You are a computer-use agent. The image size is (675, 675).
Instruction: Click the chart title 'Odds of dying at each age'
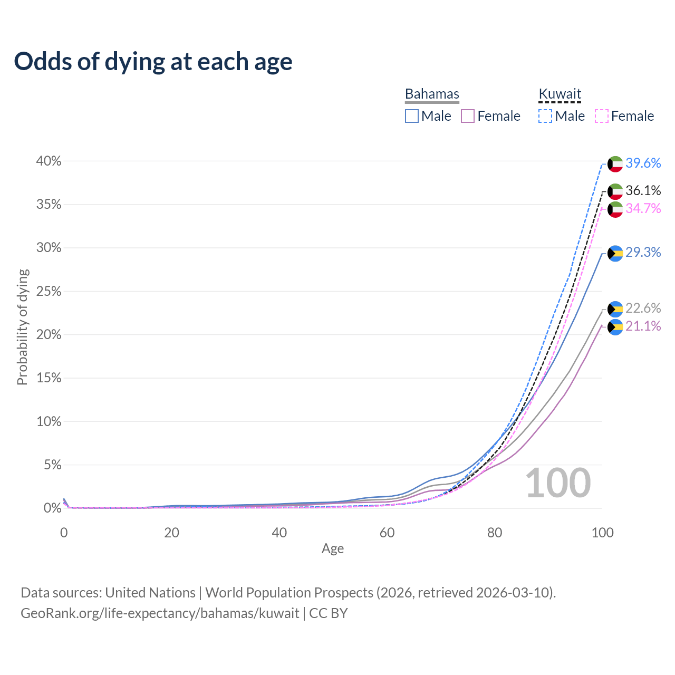(x=153, y=62)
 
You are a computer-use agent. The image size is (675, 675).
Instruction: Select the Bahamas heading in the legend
(x=432, y=94)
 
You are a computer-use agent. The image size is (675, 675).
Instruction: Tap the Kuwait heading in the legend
(x=560, y=93)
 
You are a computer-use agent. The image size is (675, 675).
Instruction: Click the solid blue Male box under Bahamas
(x=411, y=116)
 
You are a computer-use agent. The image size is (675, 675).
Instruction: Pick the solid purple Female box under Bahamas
(x=468, y=116)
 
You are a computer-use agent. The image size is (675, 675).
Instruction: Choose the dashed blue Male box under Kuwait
(x=545, y=116)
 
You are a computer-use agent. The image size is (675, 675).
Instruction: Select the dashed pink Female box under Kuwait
(x=602, y=116)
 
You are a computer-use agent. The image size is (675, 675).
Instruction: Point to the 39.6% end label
(x=643, y=163)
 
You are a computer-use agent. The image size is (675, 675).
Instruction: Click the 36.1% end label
(x=643, y=190)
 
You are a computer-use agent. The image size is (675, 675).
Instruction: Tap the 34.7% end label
(x=643, y=208)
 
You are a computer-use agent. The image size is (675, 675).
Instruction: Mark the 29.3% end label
(x=643, y=252)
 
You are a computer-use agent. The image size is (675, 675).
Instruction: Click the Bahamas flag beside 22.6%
(x=615, y=310)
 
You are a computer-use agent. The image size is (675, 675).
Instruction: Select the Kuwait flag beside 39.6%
(x=615, y=164)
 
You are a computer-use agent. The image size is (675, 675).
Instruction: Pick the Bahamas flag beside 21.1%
(x=615, y=327)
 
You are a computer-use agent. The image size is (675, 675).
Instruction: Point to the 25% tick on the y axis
(x=49, y=292)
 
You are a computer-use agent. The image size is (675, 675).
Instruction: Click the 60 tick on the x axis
(x=387, y=533)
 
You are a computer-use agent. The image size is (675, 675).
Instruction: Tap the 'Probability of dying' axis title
(x=23, y=327)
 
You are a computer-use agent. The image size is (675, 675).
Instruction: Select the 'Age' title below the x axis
(x=332, y=548)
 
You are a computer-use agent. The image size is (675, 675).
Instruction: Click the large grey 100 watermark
(x=558, y=483)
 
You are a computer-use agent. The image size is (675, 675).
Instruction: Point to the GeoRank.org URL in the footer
(x=160, y=613)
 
